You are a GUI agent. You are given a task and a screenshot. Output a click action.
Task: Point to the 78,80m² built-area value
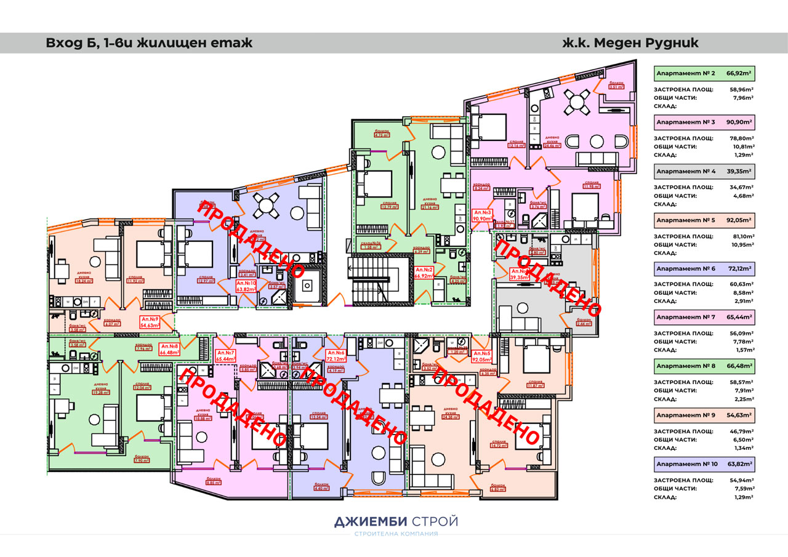coord(743,138)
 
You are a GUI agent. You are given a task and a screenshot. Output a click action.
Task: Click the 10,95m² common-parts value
coord(743,245)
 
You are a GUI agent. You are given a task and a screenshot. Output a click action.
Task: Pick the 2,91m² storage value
coord(745,301)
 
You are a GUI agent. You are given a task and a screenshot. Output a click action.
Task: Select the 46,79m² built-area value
coord(743,431)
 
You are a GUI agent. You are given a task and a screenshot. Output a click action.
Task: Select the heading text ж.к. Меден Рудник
coord(630,43)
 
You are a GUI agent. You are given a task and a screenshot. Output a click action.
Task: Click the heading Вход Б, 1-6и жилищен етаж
coord(149,43)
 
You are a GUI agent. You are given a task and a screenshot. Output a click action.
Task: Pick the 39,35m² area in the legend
coord(739,171)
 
